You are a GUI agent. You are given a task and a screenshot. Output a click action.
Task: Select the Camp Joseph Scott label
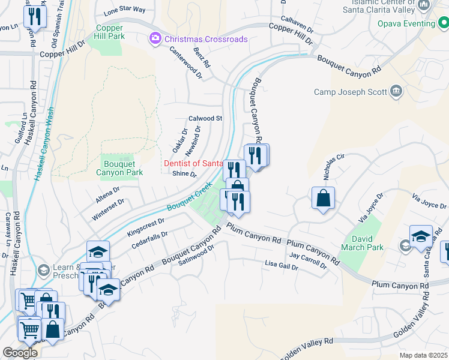coord(351,92)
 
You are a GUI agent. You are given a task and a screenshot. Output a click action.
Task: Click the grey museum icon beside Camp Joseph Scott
coord(396,91)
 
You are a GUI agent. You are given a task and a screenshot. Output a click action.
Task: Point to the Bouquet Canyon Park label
coord(119,167)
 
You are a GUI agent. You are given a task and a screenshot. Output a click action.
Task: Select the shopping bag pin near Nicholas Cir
coord(323,198)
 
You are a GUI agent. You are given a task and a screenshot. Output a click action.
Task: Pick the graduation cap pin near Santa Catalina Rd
coord(421,236)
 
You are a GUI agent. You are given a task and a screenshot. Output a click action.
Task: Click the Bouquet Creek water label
coord(190,200)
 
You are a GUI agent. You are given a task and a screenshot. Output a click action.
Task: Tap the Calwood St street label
coord(205,119)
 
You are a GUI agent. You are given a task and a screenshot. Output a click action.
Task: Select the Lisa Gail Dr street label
coord(282,265)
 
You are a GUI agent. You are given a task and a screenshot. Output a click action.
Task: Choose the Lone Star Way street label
coord(125,10)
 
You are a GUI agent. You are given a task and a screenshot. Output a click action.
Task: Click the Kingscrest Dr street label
coord(146,226)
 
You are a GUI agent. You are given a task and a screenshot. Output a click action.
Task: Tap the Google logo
coord(20,353)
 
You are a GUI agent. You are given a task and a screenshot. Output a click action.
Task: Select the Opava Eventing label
coord(406,24)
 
